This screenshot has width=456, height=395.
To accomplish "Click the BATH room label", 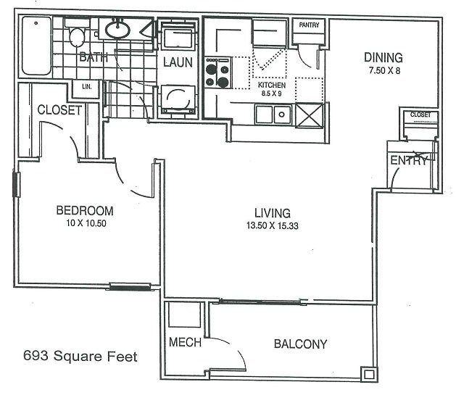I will tap(94, 57).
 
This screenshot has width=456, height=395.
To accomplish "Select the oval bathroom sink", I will tap(117, 30).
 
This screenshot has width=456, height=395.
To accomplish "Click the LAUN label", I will tap(178, 62).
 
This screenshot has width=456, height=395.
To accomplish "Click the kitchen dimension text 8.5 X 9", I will tap(273, 93).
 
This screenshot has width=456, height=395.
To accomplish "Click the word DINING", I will tap(383, 57).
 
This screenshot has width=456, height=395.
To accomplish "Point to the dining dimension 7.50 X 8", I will tap(384, 71).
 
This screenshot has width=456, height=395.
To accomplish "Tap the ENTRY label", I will tap(410, 161).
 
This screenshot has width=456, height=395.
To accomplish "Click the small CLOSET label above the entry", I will tap(420, 115).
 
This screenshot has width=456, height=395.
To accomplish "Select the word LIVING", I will tap(272, 213).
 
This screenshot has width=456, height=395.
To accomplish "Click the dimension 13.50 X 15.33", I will tap(272, 226).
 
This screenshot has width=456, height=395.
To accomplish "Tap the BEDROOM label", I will tap(85, 211).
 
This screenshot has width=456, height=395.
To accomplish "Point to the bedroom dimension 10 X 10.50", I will tap(85, 223).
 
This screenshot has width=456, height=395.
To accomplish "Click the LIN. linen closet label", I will tap(87, 87).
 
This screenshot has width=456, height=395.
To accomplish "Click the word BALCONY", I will tap(300, 344).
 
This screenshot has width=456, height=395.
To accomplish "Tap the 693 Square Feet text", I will tap(80, 356).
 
